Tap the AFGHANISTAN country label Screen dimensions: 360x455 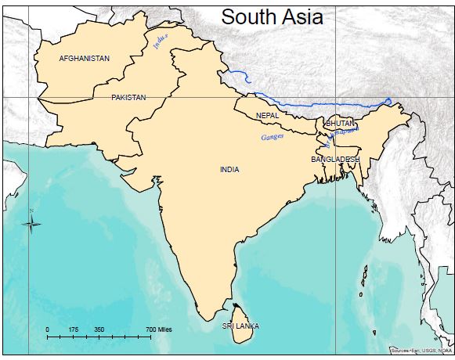tap(85, 59)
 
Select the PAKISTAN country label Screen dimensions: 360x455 tap(128, 97)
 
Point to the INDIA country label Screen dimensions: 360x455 tap(229, 169)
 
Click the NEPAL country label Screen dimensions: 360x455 tap(267, 116)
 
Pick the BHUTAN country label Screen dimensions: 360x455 tap(340, 124)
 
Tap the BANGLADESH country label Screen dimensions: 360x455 tap(335, 159)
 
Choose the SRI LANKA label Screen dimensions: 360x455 tap(240, 326)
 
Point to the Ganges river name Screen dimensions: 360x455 tap(270, 138)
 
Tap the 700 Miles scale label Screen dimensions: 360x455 tap(159, 329)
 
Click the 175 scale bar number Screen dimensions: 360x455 tap(73, 329)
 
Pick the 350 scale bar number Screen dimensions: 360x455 tap(99, 329)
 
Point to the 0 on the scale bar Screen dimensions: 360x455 tap(48, 329)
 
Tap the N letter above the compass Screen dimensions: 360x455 tap(31, 211)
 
